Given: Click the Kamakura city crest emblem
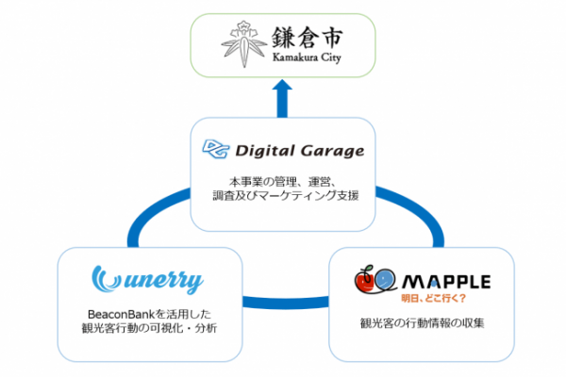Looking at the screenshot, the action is [x=244, y=44].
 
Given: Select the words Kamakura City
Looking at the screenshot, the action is [x=307, y=57].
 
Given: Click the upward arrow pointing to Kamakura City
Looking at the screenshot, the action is [x=282, y=98].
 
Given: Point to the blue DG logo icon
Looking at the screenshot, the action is [x=216, y=149].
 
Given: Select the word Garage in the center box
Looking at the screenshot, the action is [x=332, y=151].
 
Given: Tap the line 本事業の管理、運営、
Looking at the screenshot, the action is [x=283, y=182].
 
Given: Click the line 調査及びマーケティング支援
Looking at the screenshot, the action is [x=285, y=195].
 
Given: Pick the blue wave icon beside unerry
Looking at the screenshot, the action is [x=106, y=279].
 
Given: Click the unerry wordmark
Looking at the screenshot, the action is [x=163, y=282].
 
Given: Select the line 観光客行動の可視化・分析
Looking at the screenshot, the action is [x=149, y=328].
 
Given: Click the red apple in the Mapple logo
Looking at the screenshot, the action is [x=365, y=282].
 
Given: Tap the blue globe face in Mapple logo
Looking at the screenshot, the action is [x=385, y=279].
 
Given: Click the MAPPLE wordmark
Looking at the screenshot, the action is [x=446, y=282].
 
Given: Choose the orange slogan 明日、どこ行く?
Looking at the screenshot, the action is [x=434, y=299].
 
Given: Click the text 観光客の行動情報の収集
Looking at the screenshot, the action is [x=422, y=323].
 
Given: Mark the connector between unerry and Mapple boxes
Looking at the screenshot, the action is [x=286, y=303].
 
